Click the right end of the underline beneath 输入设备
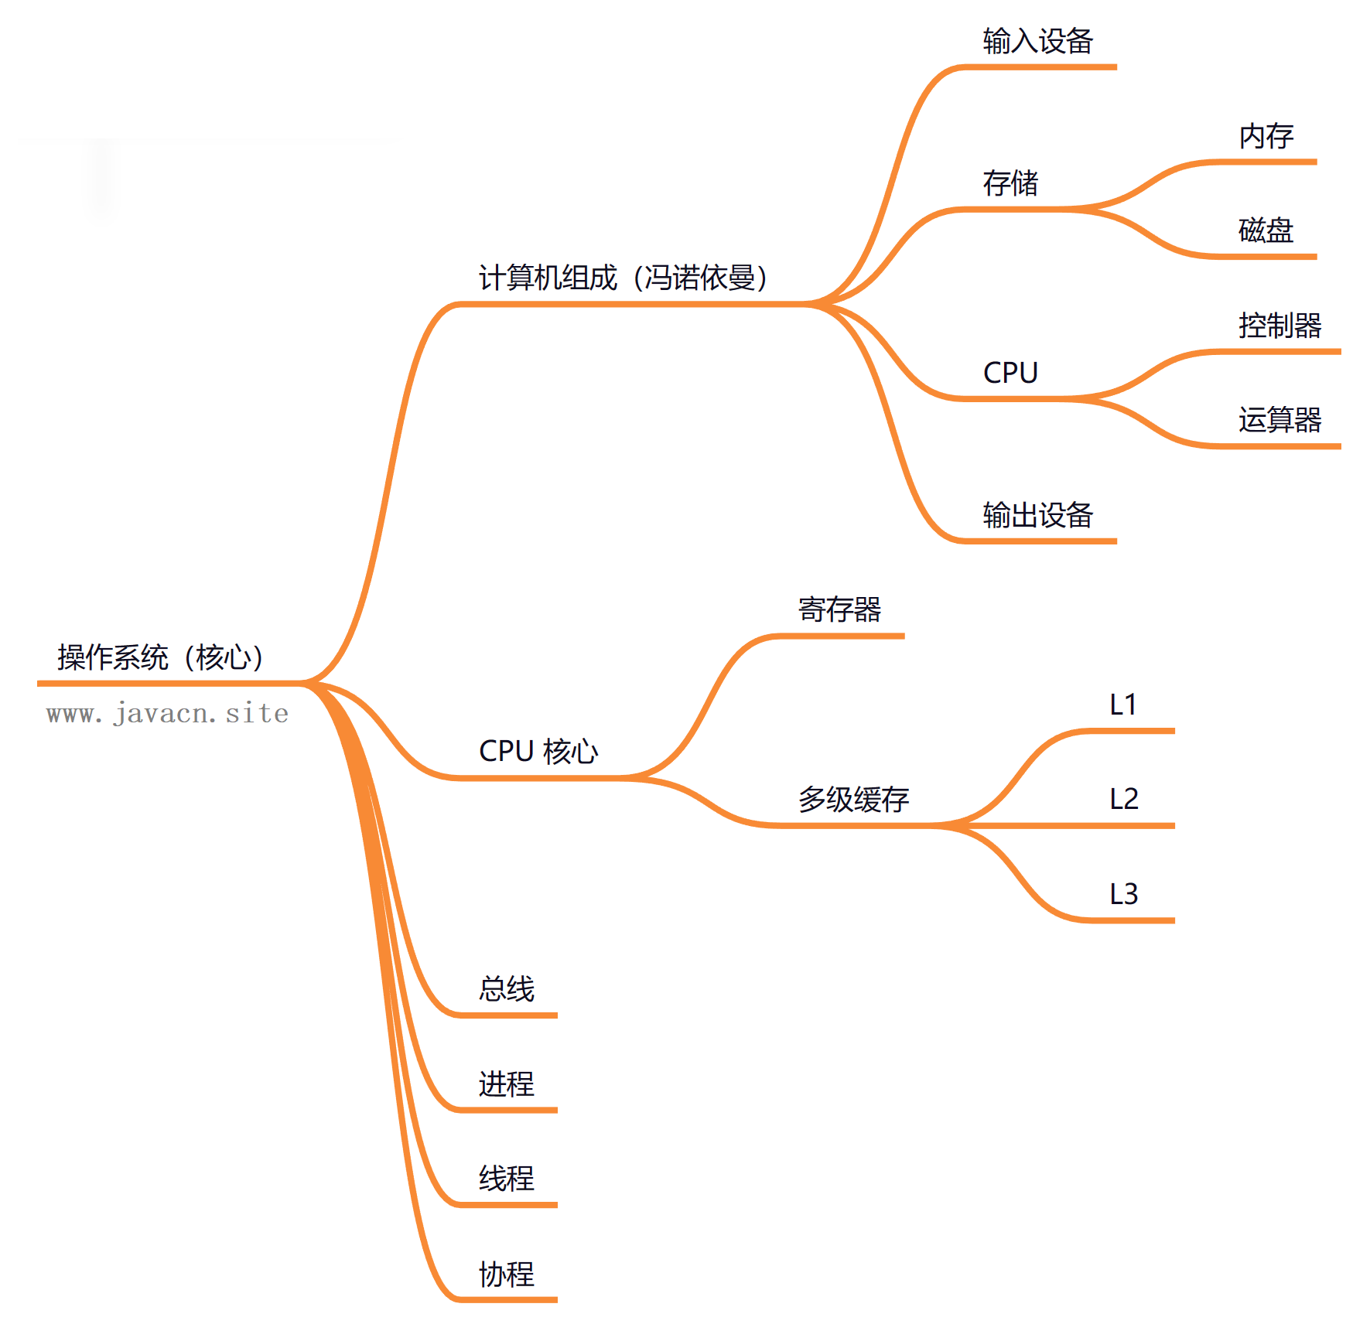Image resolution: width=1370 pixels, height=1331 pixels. [x=1115, y=67]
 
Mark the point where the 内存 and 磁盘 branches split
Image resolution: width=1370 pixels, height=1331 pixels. [x=1079, y=210]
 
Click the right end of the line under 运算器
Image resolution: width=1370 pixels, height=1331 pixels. [x=1340, y=446]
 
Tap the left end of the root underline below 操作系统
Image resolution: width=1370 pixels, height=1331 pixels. [x=39, y=684]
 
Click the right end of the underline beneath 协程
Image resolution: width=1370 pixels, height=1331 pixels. [x=556, y=1299]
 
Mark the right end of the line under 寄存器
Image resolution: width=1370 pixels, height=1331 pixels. [x=904, y=636]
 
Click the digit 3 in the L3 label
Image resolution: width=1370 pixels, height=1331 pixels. [x=1130, y=894]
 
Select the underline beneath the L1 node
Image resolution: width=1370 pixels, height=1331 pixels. [x=1129, y=731]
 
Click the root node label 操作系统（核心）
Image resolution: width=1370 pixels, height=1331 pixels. [x=161, y=657]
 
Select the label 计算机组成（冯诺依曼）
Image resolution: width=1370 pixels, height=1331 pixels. [x=624, y=278]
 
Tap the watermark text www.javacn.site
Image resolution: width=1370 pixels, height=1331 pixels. [x=167, y=713]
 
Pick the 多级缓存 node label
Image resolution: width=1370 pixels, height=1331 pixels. [x=853, y=799]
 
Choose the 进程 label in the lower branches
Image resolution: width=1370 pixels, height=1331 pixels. [x=507, y=1084]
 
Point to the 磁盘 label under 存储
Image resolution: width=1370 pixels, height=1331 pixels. [x=1266, y=230]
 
